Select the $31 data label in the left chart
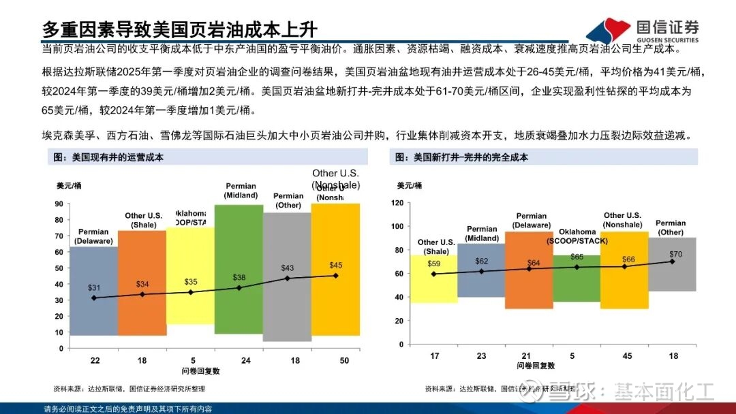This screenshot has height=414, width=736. [x=94, y=288]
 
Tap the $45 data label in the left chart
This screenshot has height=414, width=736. [x=336, y=265]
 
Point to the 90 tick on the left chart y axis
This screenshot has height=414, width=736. [x=59, y=204]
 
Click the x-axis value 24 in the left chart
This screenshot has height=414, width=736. [x=239, y=360]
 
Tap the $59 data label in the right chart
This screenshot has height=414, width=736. [x=434, y=264]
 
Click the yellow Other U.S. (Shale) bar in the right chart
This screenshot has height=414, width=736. [x=434, y=286]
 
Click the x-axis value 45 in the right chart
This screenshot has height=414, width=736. [x=627, y=355]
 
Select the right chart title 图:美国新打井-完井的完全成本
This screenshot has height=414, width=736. [x=462, y=157]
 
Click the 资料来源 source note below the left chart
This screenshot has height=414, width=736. [x=129, y=389]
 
